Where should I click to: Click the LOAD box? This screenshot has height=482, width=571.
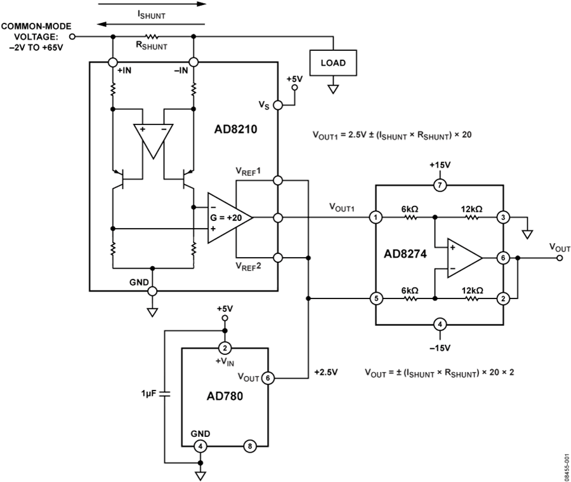tap(333, 63)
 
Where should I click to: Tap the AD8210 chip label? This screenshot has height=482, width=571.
tap(235, 129)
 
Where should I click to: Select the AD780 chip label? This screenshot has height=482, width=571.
tap(225, 396)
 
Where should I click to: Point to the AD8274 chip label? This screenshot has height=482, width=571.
tap(405, 254)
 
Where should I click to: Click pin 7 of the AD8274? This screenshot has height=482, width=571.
tap(440, 185)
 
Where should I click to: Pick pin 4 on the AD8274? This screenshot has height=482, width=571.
tap(440, 324)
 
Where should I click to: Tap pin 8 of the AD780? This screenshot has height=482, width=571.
tap(250, 446)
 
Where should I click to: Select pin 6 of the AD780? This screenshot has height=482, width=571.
tap(268, 378)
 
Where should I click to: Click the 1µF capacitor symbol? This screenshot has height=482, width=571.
tap(165, 394)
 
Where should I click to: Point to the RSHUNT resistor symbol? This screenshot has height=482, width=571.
tap(152, 36)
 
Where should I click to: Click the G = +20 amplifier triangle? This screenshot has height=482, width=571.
tap(230, 218)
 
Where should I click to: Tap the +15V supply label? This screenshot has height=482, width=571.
tap(440, 165)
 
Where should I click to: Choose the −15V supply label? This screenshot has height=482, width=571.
tap(440, 348)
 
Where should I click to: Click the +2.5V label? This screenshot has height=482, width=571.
tap(326, 372)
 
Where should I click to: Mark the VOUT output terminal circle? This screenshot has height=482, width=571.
tap(560, 258)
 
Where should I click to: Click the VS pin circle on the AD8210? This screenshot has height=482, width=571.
tap(277, 105)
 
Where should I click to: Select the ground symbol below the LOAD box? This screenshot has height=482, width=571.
tap(333, 89)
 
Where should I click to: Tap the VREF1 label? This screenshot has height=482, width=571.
tap(248, 171)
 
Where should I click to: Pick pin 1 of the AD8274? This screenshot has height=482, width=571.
tap(376, 218)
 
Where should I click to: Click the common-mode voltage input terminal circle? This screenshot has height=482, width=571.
tap(72, 36)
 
